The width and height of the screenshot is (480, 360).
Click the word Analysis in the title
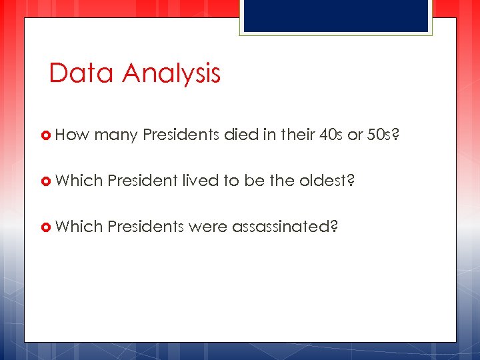pos(171,73)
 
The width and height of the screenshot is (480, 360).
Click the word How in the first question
pos(72,135)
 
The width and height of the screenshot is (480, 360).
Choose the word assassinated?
pos(285,227)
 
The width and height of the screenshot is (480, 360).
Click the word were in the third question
pos(208,227)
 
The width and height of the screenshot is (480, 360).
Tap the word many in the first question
pos(116,135)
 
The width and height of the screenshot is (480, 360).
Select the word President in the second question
pos(142,181)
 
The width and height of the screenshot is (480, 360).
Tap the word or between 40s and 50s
pos(355,135)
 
